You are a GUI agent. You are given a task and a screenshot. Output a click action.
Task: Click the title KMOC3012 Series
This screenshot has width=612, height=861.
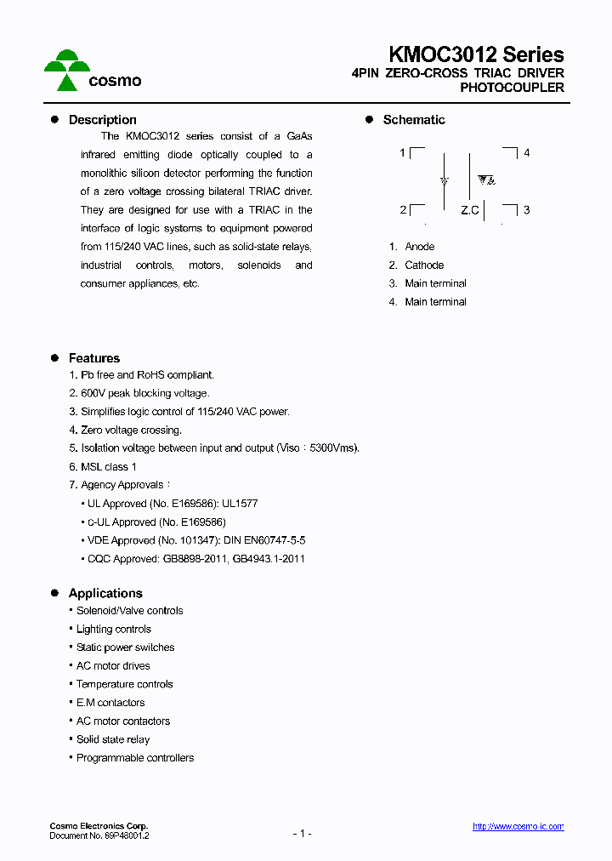476,54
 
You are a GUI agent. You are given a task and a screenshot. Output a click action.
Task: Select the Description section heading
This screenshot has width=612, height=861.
102,120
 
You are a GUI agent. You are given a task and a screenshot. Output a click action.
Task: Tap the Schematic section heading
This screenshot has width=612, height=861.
413,120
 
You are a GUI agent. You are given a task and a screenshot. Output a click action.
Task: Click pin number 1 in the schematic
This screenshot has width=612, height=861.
402,153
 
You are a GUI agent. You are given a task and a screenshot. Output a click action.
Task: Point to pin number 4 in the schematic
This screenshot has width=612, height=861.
527,153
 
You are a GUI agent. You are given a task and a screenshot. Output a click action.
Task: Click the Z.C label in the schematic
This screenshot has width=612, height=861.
470,210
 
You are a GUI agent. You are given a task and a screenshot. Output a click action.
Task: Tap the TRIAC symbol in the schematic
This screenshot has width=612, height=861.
486,180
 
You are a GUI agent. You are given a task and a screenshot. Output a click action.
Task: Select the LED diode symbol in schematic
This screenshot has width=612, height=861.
444,181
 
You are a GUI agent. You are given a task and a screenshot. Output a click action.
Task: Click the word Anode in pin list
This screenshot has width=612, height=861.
420,247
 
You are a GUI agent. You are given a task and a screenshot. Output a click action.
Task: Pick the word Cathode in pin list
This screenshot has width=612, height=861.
424,265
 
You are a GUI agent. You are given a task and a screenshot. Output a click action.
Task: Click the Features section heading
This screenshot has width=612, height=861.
93,358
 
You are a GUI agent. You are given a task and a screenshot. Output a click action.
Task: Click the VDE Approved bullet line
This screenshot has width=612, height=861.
196,540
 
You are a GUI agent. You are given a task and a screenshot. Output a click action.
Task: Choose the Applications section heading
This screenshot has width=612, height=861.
105,593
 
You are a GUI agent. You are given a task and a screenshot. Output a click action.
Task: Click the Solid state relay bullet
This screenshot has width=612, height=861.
113,740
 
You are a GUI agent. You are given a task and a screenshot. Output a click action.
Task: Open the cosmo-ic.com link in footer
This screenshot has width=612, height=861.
518,827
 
